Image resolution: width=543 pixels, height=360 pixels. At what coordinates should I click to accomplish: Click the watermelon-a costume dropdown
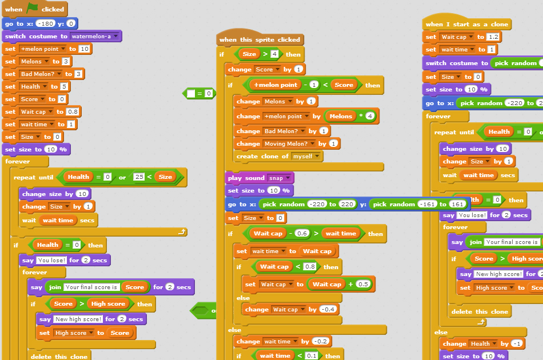(x=95, y=36)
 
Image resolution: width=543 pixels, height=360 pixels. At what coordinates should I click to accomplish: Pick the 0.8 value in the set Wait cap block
(x=73, y=111)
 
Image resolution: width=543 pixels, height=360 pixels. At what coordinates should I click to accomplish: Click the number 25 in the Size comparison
(x=139, y=177)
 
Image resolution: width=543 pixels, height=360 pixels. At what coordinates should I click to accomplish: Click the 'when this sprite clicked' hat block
(x=259, y=39)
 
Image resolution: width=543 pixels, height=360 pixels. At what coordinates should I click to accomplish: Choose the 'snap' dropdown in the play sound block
(x=280, y=178)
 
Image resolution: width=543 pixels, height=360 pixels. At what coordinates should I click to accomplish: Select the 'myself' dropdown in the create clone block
(x=307, y=156)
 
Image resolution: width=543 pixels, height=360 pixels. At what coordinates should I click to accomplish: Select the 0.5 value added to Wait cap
(x=362, y=284)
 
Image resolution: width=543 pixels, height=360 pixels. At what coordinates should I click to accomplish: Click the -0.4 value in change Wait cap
(x=329, y=309)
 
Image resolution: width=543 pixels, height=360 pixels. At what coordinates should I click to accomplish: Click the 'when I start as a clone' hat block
(x=467, y=24)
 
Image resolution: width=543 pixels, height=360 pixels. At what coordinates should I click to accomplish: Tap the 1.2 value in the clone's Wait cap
(x=493, y=37)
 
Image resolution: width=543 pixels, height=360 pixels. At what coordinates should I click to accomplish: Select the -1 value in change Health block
(x=517, y=343)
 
